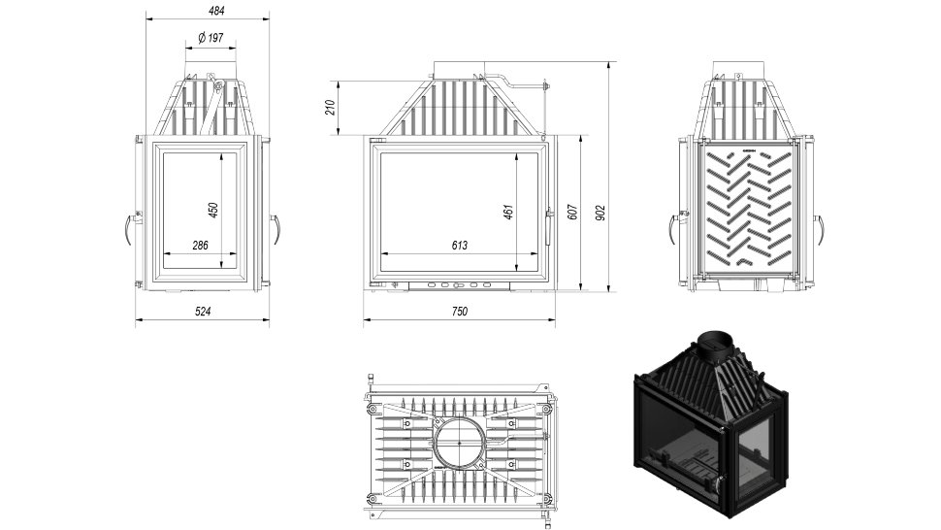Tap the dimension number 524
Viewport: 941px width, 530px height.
(202, 311)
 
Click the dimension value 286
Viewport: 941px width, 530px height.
(200, 246)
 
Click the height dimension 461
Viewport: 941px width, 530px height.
(507, 211)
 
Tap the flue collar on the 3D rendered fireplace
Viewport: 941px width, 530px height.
(718, 341)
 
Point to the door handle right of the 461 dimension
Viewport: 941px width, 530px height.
(550, 211)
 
